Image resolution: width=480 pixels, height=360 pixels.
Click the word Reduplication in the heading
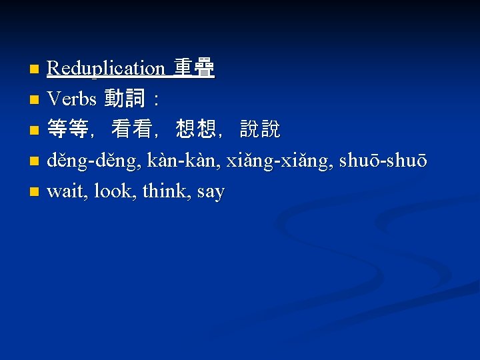coord(106,68)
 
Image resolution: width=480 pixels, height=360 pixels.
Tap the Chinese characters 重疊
coord(194,68)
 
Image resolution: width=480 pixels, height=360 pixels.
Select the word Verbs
coord(72,99)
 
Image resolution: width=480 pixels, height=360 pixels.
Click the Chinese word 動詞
coord(125,99)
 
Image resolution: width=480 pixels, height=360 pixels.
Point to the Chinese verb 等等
coord(67,130)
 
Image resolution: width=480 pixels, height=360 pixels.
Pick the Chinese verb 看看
coord(131,130)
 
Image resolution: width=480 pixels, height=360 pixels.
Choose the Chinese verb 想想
coord(195,130)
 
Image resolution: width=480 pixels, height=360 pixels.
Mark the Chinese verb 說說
coord(260,130)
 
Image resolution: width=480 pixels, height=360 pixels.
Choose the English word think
coord(166,192)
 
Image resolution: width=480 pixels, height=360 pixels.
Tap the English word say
coord(211,192)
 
